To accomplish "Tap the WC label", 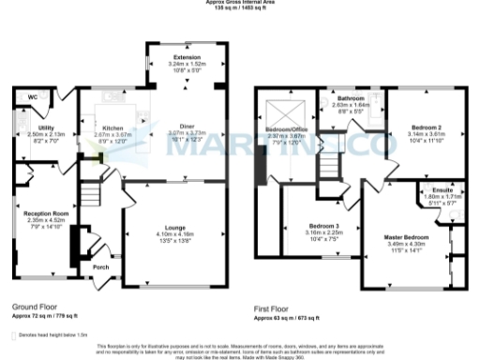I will [x=33, y=97].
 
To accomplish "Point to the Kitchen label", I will [x=112, y=127].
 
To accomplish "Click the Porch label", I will [x=100, y=267].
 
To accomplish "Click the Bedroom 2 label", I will [x=427, y=127].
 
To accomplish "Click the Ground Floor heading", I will [x=35, y=307].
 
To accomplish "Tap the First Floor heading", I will [x=273, y=307].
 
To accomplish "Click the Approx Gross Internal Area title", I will [x=239, y=3].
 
